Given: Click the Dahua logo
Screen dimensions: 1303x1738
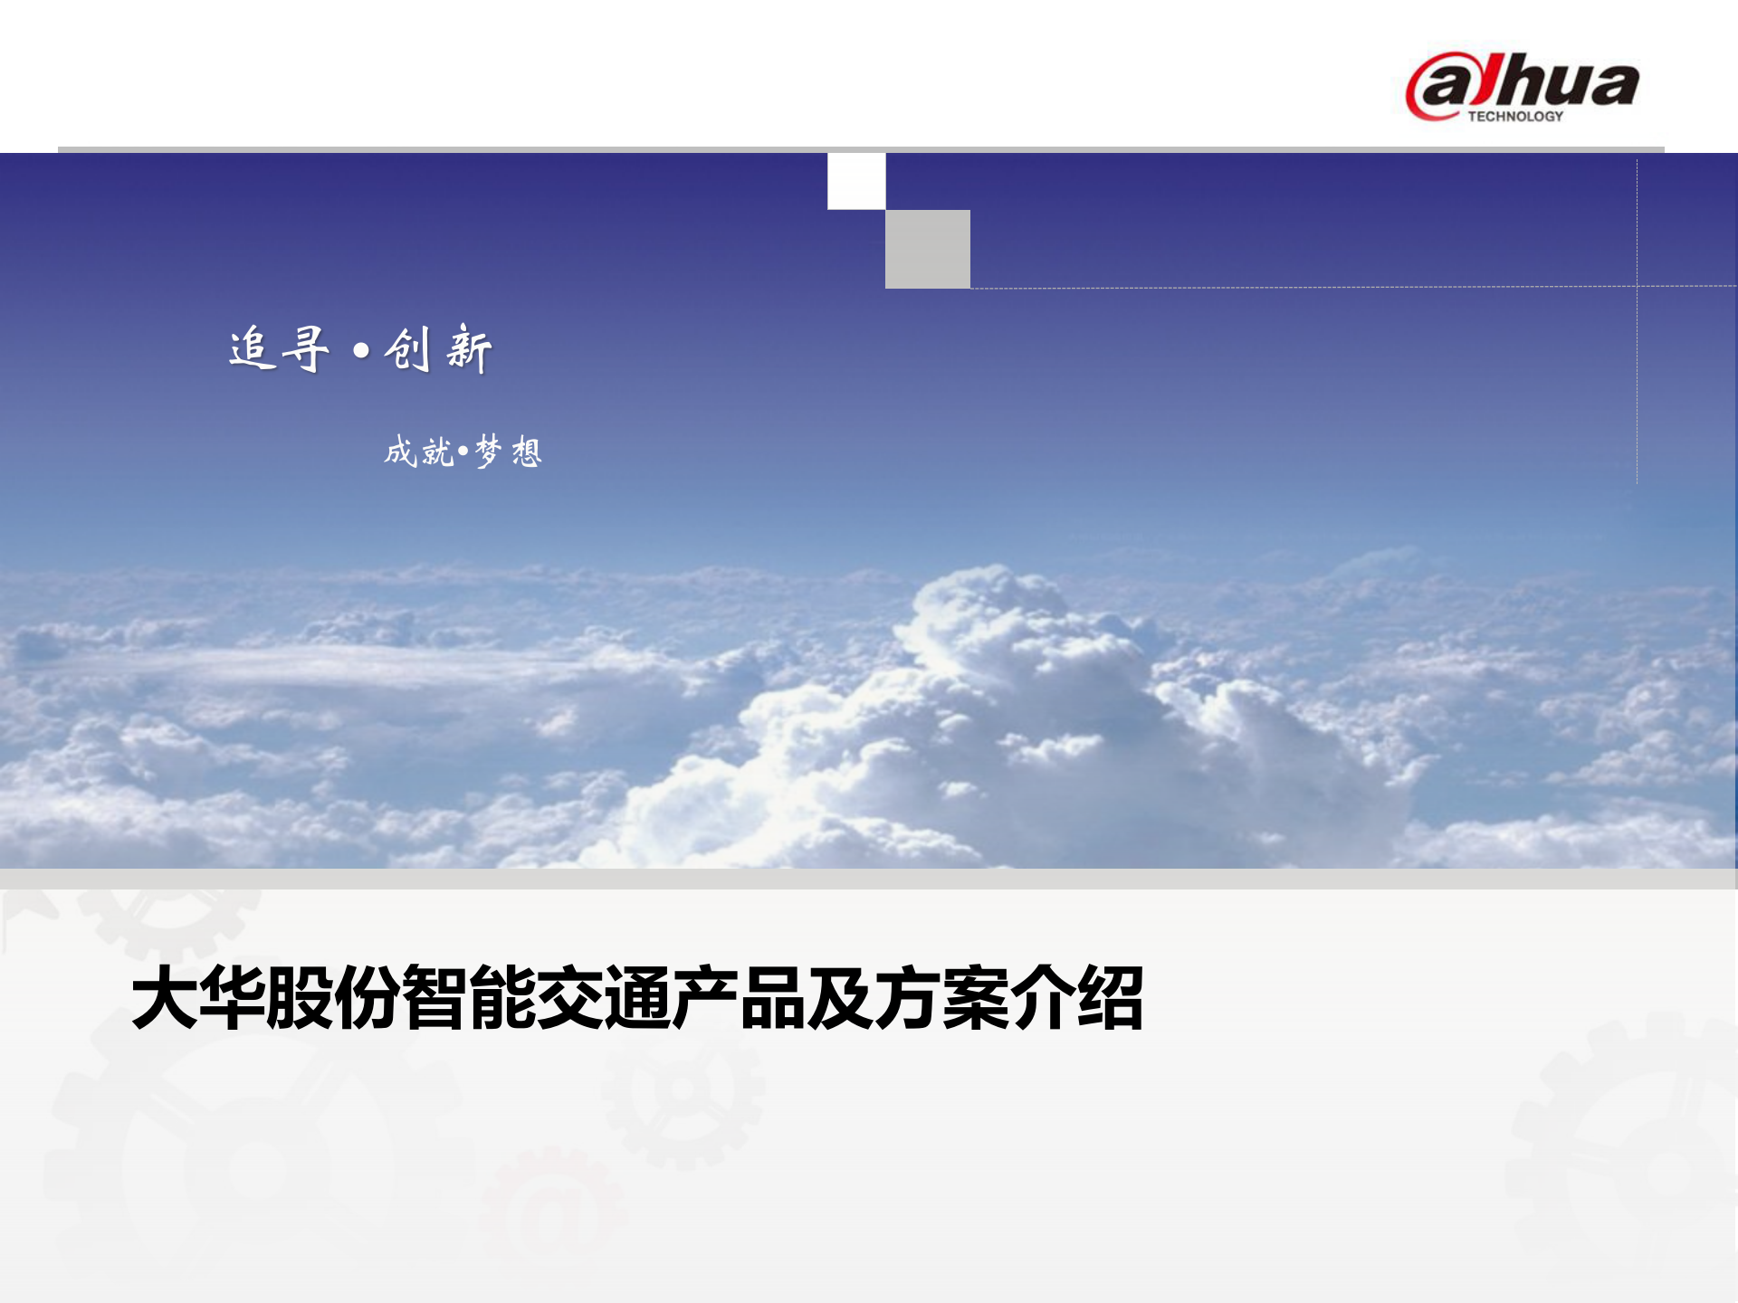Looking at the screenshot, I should pos(1523,86).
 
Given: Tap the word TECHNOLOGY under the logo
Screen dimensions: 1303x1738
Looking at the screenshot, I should pos(1515,117).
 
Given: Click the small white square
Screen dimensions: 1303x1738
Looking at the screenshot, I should pos(856,181).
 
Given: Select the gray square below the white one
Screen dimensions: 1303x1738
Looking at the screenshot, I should pos(927,249).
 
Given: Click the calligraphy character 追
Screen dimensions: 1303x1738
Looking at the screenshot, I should pos(252,348).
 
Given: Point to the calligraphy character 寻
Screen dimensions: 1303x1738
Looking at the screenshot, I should pos(305,348).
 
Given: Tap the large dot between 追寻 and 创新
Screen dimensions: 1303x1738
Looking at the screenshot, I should pos(361,350).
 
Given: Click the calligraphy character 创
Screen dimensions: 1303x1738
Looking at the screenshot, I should pos(407,349).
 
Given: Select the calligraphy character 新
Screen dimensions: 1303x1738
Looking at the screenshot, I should pos(469,349).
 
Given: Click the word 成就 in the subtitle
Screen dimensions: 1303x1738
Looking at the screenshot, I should pos(418,451).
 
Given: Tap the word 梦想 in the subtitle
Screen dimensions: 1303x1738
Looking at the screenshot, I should pos(508,451).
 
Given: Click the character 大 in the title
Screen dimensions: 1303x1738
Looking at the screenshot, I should pos(165,998).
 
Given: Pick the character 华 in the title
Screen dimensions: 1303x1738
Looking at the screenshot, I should pos(233,998).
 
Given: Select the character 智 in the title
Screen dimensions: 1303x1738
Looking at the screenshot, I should pos(434,998).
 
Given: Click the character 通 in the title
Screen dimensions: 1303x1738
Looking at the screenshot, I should pos(637,998).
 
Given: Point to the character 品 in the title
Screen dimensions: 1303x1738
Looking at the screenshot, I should pos(772,998).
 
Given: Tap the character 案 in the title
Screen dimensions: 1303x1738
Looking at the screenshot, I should pos(975,998).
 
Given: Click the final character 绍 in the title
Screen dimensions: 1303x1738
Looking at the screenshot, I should pos(1110,998).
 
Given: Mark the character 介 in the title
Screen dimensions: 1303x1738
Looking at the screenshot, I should pos(1043,998).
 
